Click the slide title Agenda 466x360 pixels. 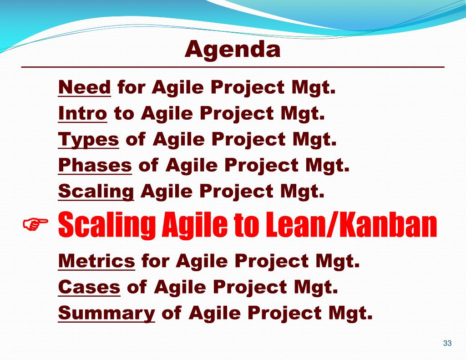point(233,49)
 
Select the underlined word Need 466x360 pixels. point(84,87)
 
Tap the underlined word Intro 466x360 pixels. point(83,113)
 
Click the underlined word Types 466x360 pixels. point(88,139)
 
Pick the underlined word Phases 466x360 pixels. point(95,165)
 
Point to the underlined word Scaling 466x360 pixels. point(96,191)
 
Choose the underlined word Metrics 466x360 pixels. point(96,261)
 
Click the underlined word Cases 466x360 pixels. point(89,287)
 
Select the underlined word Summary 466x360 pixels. point(106,313)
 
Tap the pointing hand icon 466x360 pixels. point(35,224)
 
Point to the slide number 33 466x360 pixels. point(447,343)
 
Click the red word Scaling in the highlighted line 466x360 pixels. point(107,225)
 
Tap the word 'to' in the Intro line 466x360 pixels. point(124,114)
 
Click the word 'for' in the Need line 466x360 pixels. point(132,87)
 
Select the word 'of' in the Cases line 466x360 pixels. point(137,287)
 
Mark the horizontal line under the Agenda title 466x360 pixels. point(233,67)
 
